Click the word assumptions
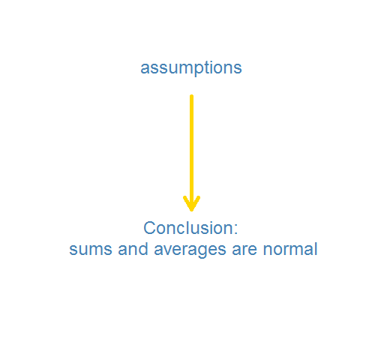pos(191,68)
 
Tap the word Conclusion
pos(189,228)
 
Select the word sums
pos(91,250)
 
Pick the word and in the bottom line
pos(133,249)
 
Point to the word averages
pos(190,250)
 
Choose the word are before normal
pos(244,250)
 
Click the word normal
pos(290,249)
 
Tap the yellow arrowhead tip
pos(191,211)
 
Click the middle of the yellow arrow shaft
pos(191,153)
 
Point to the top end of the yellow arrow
pos(191,95)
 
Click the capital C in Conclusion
pos(149,228)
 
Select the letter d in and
pos(142,249)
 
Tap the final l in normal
pos(316,249)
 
